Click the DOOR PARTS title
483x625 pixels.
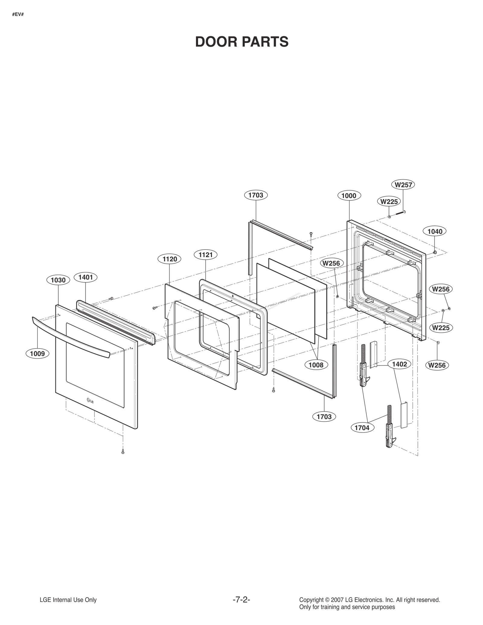pos(241,42)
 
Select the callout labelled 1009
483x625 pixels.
pos(37,353)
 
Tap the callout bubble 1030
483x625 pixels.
pos(58,280)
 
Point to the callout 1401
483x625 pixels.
pos(85,277)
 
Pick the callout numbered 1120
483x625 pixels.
pos(170,259)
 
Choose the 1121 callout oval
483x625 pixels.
pos(206,255)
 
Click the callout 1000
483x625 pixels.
pos(349,196)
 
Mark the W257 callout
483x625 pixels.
pos(403,185)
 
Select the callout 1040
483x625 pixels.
pos(435,231)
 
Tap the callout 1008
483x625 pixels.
pos(316,365)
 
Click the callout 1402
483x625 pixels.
pos(399,364)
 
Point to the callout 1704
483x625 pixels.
pos(362,428)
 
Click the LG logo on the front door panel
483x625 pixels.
pos(90,401)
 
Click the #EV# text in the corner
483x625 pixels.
pos(18,14)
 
